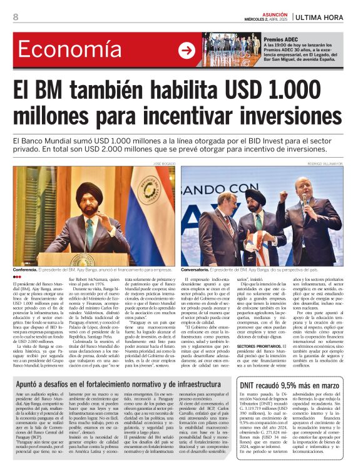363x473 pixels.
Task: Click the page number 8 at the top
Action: (x=16, y=17)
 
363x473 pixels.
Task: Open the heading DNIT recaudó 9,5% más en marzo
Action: (x=293, y=386)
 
